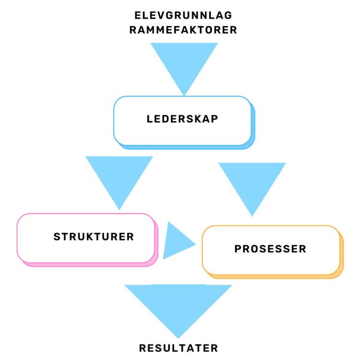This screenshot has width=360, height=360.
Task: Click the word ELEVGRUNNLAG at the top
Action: coord(184,15)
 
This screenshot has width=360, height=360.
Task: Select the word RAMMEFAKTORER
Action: coord(184,30)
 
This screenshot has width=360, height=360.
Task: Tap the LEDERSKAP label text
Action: coord(182,119)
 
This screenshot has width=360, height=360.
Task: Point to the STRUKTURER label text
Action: coord(94,237)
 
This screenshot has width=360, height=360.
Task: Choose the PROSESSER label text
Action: coord(270,249)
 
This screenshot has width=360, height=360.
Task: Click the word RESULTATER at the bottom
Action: coord(179,348)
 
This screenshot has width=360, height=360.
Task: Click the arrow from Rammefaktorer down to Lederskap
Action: coord(184,62)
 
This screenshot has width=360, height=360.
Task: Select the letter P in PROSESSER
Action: coord(238,249)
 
